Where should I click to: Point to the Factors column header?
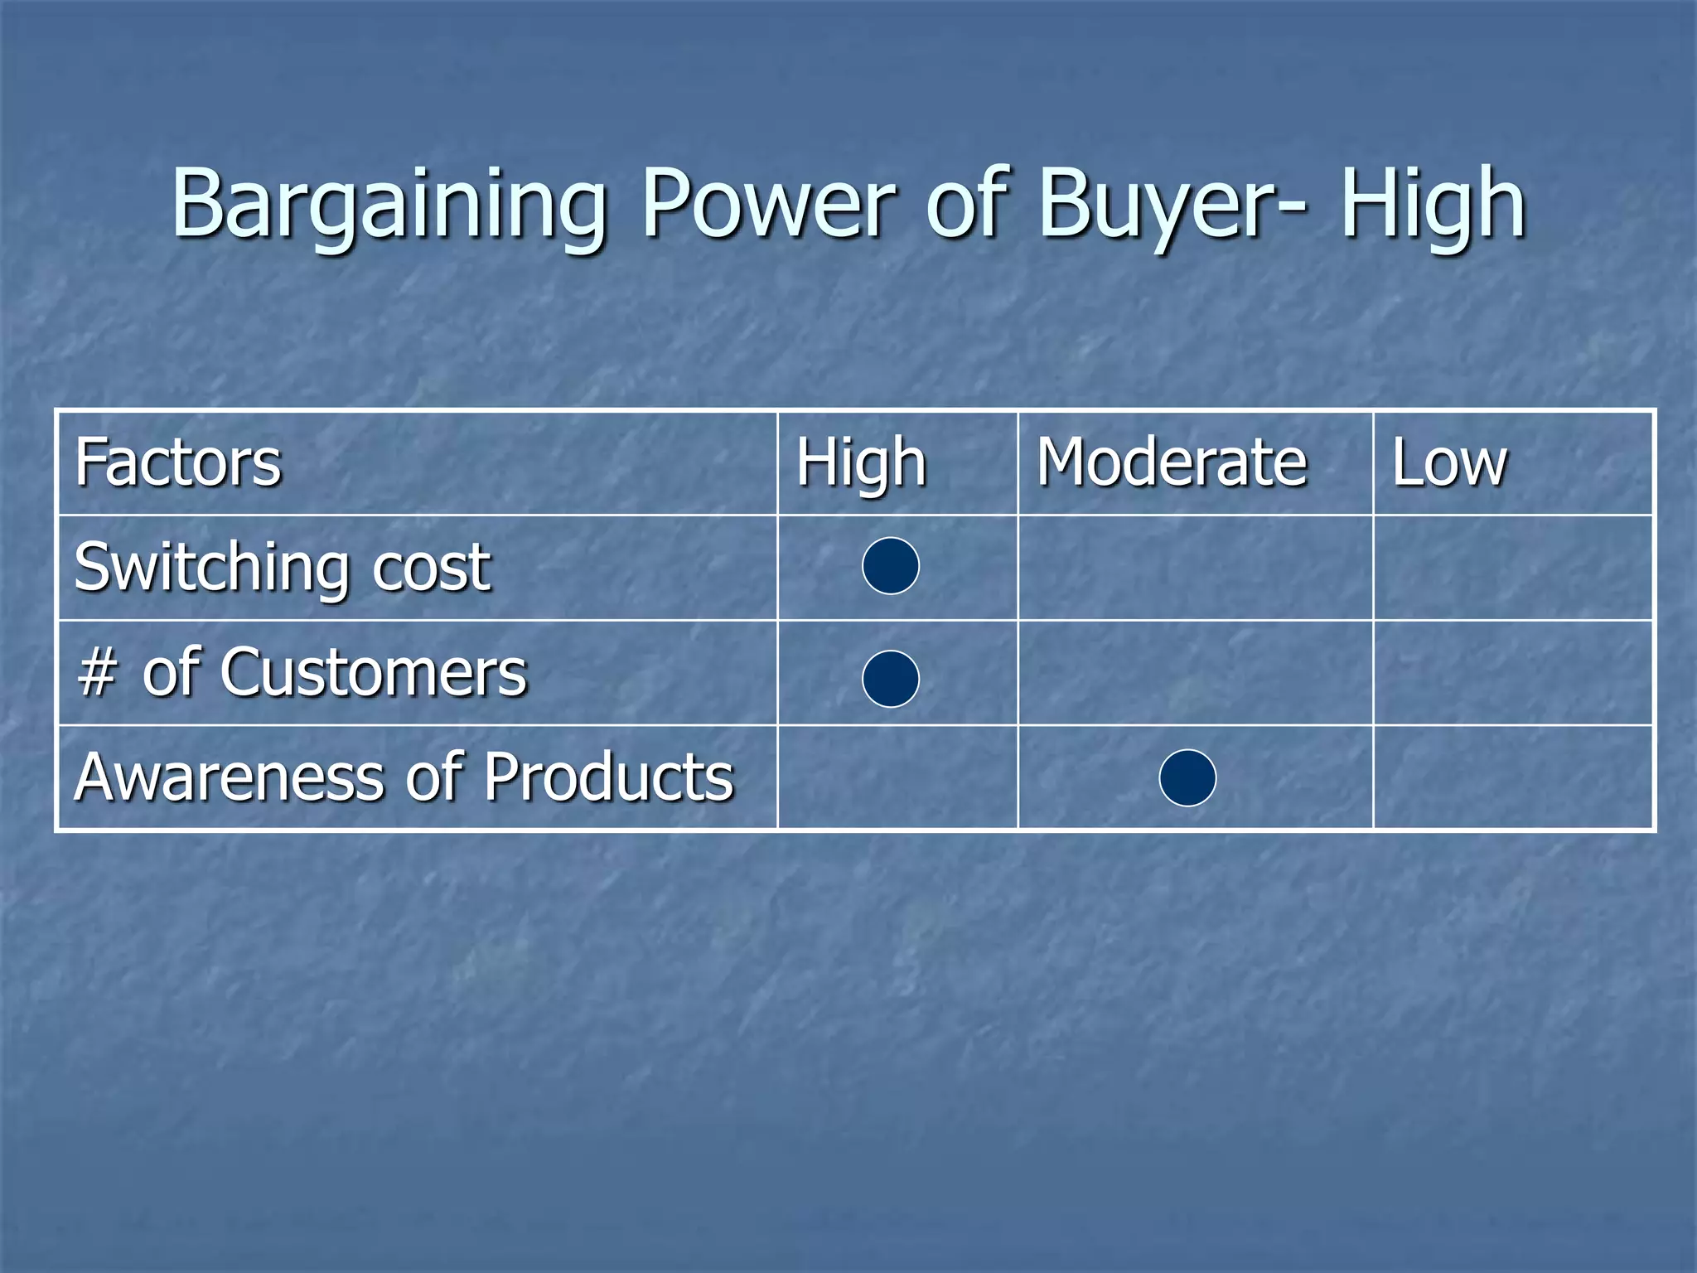(x=178, y=462)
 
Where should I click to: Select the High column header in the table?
(x=861, y=462)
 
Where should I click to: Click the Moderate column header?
(x=1172, y=462)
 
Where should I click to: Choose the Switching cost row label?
(x=283, y=568)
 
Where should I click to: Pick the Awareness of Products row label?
(x=404, y=777)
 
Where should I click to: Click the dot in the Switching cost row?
(x=891, y=566)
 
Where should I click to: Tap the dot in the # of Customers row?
(x=891, y=679)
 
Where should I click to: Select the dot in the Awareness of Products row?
(x=1187, y=777)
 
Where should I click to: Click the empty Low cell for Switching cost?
(x=1513, y=568)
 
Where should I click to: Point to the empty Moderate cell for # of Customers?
(x=1195, y=672)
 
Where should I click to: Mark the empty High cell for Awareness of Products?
(x=897, y=777)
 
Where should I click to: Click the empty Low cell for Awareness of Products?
(x=1513, y=777)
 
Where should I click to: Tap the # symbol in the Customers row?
(x=96, y=673)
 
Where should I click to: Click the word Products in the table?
(x=609, y=777)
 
